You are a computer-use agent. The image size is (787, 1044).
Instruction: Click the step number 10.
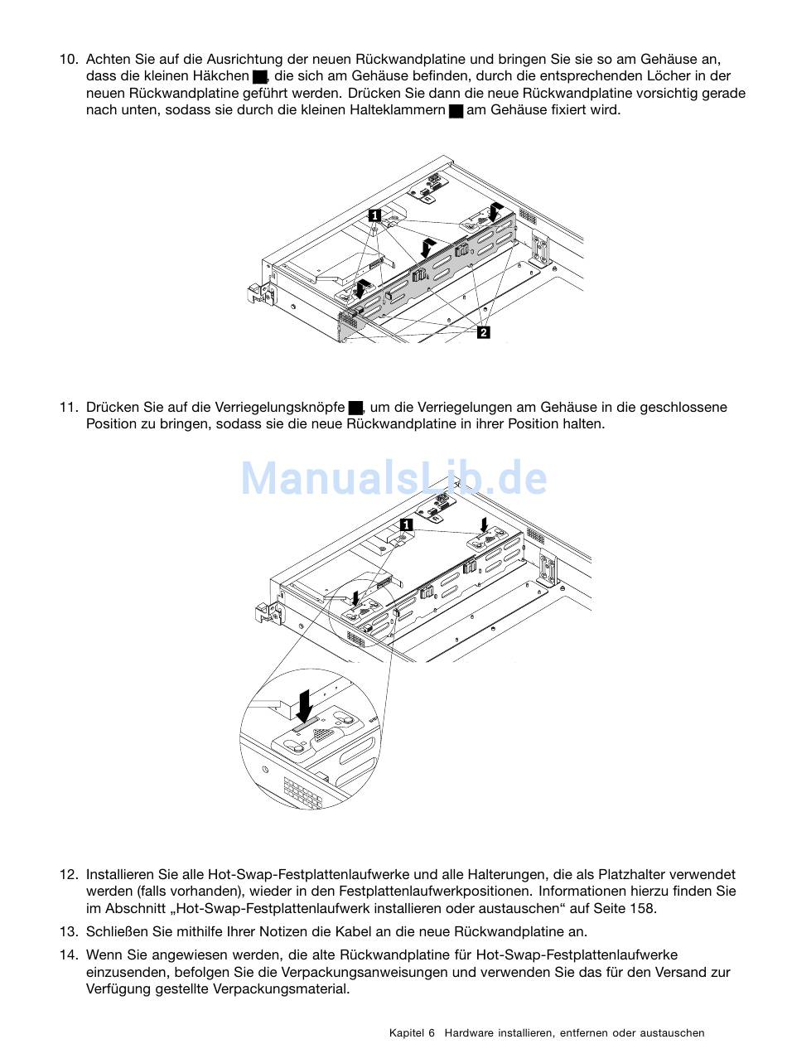pyautogui.click(x=68, y=60)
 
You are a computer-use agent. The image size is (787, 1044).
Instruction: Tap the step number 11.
pyautogui.click(x=68, y=407)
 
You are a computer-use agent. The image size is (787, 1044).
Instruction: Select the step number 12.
pyautogui.click(x=68, y=874)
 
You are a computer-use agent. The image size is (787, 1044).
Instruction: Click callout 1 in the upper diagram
pyautogui.click(x=374, y=215)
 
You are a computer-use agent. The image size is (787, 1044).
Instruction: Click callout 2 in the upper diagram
pyautogui.click(x=483, y=332)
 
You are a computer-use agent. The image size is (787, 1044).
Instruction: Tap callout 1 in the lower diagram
pyautogui.click(x=406, y=524)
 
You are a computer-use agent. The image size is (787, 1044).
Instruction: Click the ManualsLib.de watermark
pyautogui.click(x=394, y=477)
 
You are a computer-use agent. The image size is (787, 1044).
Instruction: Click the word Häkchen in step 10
pyautogui.click(x=220, y=76)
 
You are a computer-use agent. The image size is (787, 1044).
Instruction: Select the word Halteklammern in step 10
pyautogui.click(x=397, y=110)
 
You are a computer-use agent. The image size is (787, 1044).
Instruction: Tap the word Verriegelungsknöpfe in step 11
pyautogui.click(x=280, y=408)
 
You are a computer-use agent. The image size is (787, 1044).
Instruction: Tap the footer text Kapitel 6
pyautogui.click(x=412, y=1032)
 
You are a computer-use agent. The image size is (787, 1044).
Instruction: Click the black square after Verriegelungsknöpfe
pyautogui.click(x=355, y=408)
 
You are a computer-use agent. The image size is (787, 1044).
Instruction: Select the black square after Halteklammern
pyautogui.click(x=456, y=111)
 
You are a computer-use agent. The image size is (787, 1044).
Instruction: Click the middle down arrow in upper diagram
pyautogui.click(x=428, y=249)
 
